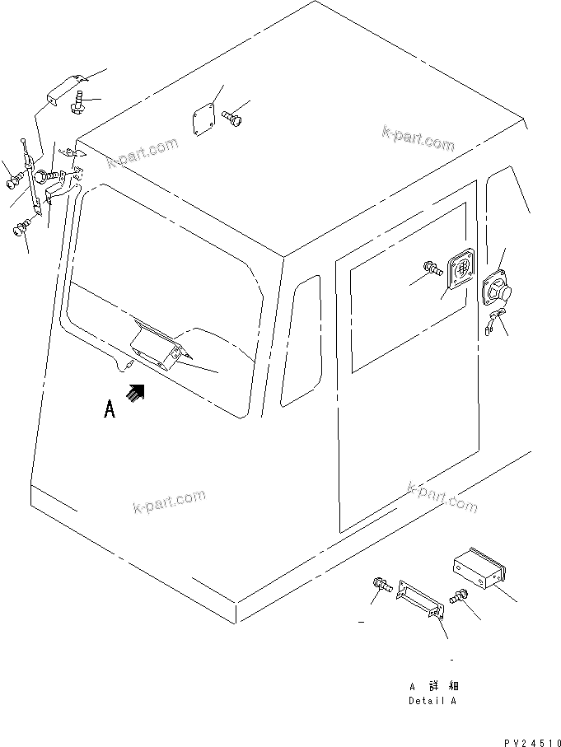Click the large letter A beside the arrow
pos(110,410)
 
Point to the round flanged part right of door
pos(497,288)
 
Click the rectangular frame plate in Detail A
pos(420,599)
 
